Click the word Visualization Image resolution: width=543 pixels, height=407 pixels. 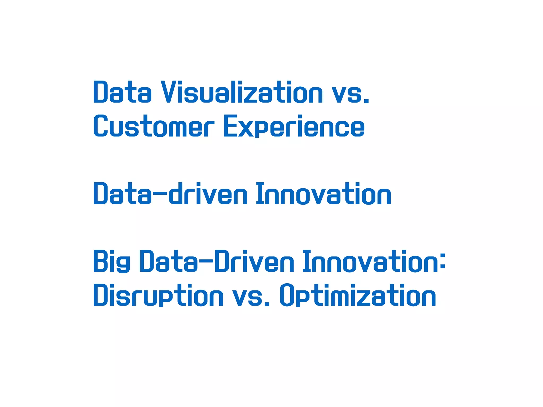tap(242, 92)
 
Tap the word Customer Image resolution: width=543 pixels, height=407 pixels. tap(154, 126)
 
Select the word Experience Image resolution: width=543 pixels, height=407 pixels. tap(294, 126)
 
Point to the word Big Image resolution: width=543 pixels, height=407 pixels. tap(112, 262)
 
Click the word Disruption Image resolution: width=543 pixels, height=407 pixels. tap(158, 295)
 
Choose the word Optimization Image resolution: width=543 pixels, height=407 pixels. tap(358, 295)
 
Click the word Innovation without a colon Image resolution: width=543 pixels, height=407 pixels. tap(323, 194)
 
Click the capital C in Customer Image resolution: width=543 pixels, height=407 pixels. tap(100, 126)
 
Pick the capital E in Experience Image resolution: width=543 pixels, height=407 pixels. tap(230, 126)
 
